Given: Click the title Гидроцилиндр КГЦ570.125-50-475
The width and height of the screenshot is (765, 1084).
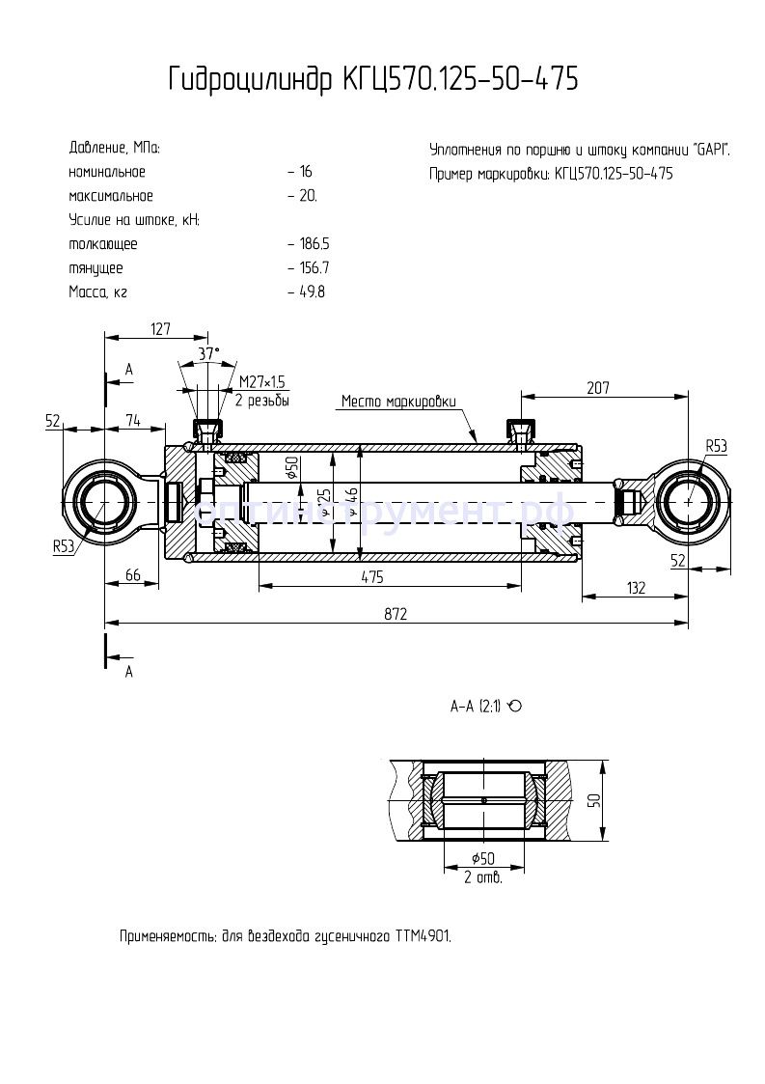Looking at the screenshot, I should (x=373, y=79).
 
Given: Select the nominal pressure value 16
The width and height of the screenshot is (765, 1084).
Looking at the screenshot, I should (x=305, y=172).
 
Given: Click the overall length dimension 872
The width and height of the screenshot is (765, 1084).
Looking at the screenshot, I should (x=396, y=613).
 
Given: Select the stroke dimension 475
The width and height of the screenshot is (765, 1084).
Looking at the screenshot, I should (x=372, y=576).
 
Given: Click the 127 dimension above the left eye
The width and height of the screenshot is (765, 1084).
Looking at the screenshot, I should (x=160, y=329).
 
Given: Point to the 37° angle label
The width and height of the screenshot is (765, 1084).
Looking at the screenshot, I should (x=209, y=354).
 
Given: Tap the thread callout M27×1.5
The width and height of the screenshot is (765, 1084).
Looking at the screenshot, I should (x=263, y=384).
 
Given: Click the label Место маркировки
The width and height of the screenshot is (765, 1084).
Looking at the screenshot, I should (x=398, y=403).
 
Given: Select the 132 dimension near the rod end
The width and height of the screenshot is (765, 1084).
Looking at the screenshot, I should (x=636, y=588).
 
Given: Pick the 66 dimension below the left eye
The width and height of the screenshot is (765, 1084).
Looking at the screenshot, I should (x=134, y=575).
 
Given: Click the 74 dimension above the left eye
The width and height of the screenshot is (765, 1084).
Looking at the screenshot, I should (x=133, y=420).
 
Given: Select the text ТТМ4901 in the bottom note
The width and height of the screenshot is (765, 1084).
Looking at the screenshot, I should (x=421, y=936).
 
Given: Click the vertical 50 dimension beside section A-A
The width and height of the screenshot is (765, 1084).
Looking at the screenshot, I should (x=595, y=800).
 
